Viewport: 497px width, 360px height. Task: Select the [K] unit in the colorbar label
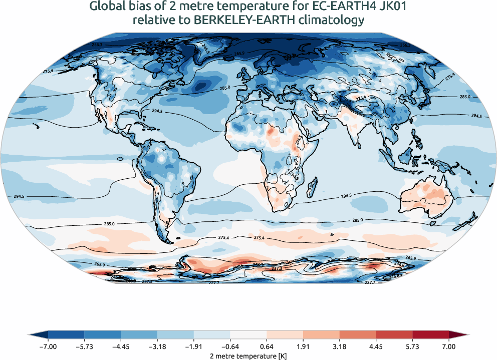tap(280, 355)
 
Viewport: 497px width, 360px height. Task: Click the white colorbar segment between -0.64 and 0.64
tap(248, 334)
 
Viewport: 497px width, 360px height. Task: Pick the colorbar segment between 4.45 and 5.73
tap(394, 334)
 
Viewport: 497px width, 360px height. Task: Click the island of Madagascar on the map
tap(312, 183)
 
